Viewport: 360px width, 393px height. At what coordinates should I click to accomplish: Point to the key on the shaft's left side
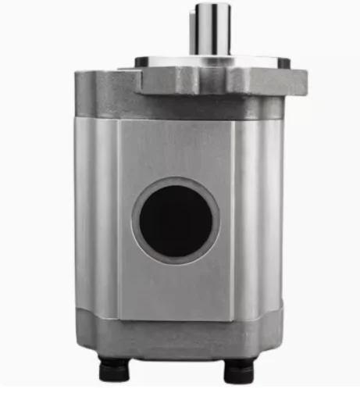(x=198, y=31)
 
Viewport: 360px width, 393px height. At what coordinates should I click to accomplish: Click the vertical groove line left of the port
(x=118, y=219)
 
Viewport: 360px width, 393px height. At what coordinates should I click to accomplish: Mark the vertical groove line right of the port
(x=234, y=219)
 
